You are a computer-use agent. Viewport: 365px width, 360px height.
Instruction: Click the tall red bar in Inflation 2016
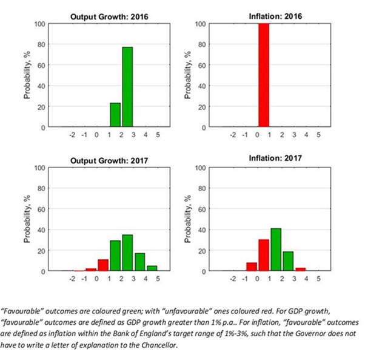point(264,76)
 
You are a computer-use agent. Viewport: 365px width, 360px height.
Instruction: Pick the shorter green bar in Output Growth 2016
point(115,115)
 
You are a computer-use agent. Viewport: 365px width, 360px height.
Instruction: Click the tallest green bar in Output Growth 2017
point(127,253)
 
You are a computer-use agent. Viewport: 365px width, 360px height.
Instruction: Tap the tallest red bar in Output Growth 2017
point(103,265)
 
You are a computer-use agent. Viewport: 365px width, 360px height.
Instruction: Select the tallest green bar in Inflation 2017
point(276,250)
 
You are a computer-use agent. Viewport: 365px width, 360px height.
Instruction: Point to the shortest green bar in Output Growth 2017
point(152,268)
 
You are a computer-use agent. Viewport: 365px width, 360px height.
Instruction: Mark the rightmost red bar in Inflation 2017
point(300,269)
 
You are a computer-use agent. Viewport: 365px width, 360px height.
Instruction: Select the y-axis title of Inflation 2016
point(189,76)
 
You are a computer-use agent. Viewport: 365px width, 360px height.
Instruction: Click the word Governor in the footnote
point(276,331)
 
